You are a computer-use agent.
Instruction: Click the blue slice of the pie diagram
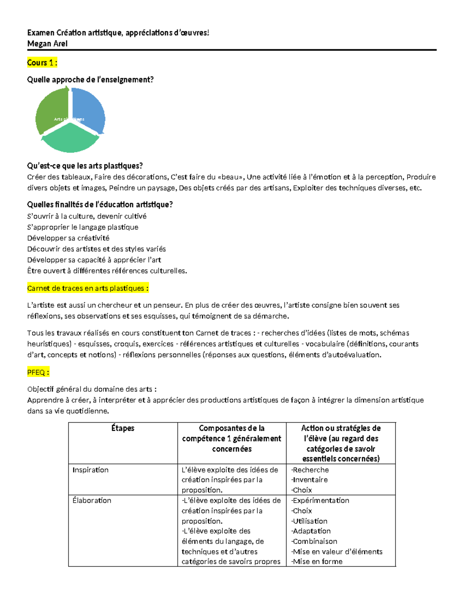point(90,109)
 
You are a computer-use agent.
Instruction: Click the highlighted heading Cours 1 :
point(42,63)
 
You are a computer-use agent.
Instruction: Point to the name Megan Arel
point(47,44)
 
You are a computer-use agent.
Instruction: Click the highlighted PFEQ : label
point(38,372)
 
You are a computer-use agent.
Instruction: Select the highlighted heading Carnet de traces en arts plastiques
point(88,288)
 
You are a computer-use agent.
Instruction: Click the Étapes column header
point(123,428)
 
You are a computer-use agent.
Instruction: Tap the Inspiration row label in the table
point(90,470)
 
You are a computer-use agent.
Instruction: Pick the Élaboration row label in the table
point(92,500)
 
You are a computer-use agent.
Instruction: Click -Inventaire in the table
point(309,480)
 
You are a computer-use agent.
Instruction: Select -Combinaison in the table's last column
point(314,541)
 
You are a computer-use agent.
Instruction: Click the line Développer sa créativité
point(68,238)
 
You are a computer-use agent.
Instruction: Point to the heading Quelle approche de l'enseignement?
point(90,80)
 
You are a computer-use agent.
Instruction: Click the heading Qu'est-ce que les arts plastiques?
point(85,166)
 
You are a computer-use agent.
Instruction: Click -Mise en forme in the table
point(317,561)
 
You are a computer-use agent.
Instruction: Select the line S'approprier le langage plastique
point(83,227)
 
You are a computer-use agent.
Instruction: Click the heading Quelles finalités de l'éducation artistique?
point(100,204)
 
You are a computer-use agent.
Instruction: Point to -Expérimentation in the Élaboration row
point(320,500)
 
